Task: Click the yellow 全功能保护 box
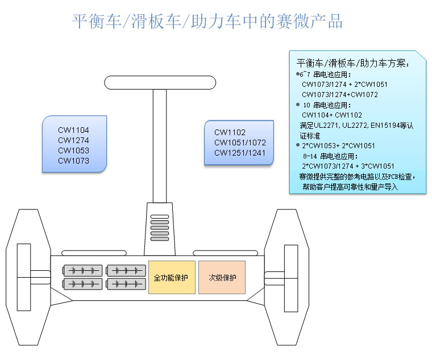[172, 278]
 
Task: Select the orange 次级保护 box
[222, 278]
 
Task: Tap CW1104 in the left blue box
[73, 130]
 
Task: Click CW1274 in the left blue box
[73, 140]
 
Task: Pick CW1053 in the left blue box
[73, 150]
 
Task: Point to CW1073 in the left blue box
[73, 161]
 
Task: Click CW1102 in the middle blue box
[230, 132]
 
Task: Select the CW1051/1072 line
[240, 143]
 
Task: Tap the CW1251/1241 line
[240, 153]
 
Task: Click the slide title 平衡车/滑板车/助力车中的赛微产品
[207, 22]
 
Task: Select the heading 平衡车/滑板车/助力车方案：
[353, 63]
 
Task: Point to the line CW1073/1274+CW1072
[339, 94]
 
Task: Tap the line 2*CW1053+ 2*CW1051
[338, 145]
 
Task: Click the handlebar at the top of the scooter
[160, 83]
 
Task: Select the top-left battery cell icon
[83, 270]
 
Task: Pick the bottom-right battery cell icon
[127, 283]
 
